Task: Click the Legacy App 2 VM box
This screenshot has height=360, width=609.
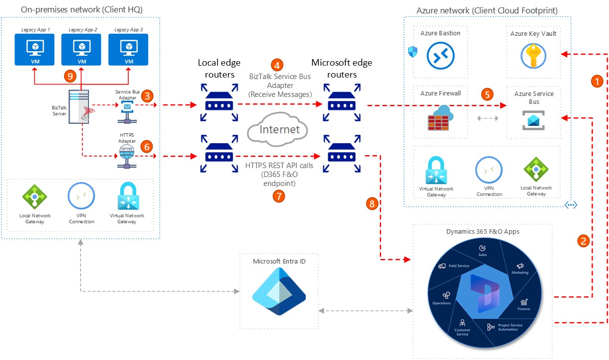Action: click(81, 50)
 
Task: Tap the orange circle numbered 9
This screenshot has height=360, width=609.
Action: click(70, 76)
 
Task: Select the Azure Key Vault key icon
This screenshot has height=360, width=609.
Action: click(533, 56)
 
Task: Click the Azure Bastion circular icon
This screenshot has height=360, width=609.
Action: click(440, 56)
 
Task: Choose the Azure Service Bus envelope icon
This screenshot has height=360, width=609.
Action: click(533, 120)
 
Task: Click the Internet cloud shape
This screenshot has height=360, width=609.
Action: click(278, 129)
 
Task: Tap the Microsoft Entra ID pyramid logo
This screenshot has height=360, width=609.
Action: click(279, 291)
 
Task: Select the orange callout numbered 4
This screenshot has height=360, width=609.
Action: click(277, 65)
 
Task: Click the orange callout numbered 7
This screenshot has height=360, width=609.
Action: click(279, 196)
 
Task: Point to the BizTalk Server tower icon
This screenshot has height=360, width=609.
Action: click(80, 106)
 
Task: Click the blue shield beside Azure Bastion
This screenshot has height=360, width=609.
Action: click(413, 51)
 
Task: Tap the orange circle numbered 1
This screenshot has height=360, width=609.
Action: click(597, 82)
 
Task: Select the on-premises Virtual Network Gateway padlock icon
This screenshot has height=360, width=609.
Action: click(128, 196)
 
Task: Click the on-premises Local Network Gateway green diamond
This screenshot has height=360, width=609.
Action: click(34, 196)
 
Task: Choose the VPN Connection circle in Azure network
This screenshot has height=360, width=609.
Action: click(489, 170)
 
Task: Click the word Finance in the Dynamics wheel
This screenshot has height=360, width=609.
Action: click(523, 309)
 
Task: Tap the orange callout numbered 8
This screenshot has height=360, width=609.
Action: click(372, 204)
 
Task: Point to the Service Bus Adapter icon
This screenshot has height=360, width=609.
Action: click(127, 112)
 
